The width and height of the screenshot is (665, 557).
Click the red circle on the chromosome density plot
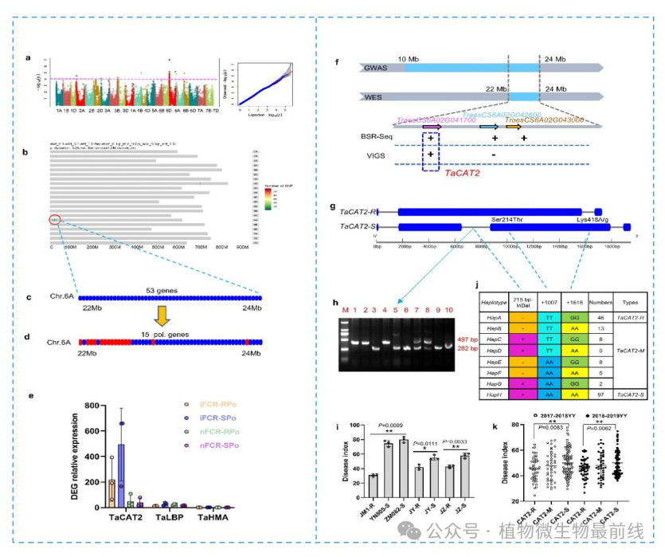(x=54, y=219)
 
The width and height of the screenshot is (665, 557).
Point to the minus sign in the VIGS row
(x=495, y=154)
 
